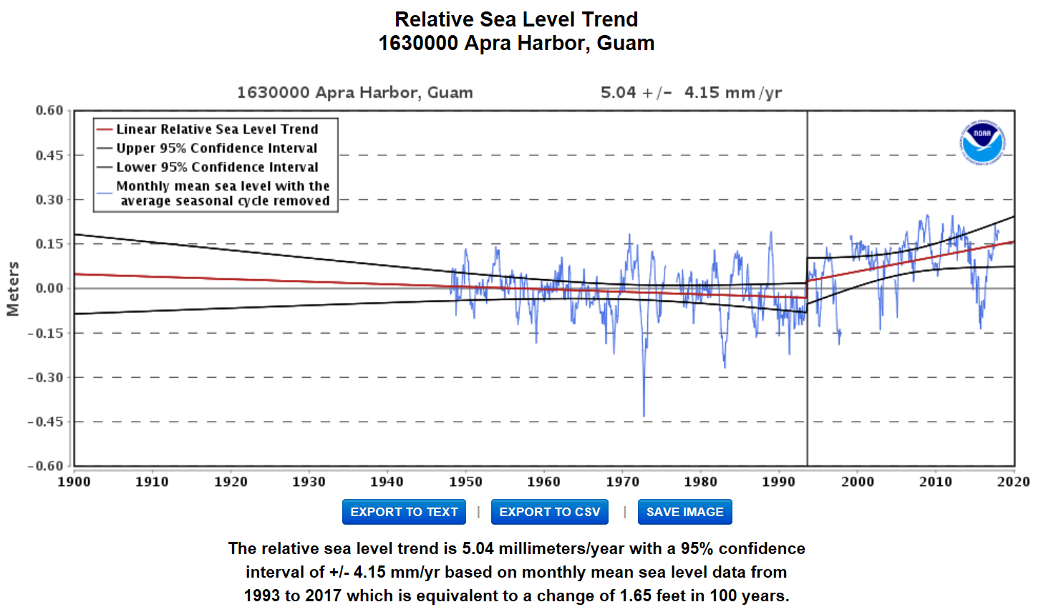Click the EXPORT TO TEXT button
(404, 512)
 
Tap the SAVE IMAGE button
(684, 512)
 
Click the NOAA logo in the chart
(982, 142)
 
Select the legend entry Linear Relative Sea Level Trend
(216, 130)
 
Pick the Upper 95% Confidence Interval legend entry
(216, 148)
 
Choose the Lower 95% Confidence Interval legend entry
(216, 167)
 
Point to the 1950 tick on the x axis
(465, 482)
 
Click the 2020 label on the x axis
(1013, 482)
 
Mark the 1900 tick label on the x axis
(74, 482)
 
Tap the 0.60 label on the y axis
(49, 110)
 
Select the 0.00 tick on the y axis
(49, 288)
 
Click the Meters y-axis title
(13, 288)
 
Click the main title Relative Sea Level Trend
(516, 19)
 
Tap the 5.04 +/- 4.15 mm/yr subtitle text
(691, 92)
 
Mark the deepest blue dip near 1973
(644, 415)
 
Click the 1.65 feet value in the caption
(651, 596)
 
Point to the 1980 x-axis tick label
(700, 482)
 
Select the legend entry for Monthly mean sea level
(222, 193)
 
